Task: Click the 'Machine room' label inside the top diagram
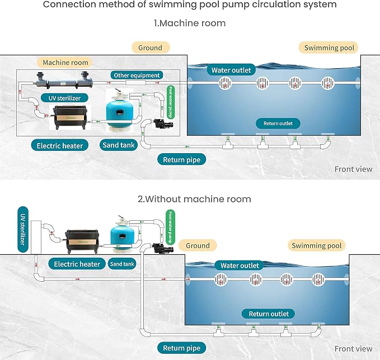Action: point(65,63)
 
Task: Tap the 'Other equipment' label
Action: point(137,75)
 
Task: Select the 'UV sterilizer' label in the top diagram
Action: point(64,98)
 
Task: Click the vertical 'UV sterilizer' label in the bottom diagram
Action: point(23,229)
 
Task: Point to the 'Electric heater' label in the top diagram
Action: point(60,145)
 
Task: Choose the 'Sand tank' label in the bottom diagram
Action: point(122,264)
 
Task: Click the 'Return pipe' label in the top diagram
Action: point(181,160)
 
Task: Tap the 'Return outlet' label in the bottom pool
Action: point(269,314)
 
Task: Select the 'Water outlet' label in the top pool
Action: point(231,70)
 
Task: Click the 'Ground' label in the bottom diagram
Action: point(198,245)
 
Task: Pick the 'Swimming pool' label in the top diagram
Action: point(329,48)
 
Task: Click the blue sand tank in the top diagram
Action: point(119,111)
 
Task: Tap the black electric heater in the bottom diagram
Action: point(82,241)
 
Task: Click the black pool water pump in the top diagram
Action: point(163,124)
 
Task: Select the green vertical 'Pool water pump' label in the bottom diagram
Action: point(170,227)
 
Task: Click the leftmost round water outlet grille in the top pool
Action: point(225,83)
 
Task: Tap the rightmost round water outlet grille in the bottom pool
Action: point(318,279)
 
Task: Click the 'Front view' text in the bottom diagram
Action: point(353,349)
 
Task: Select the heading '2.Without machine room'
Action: point(194,199)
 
